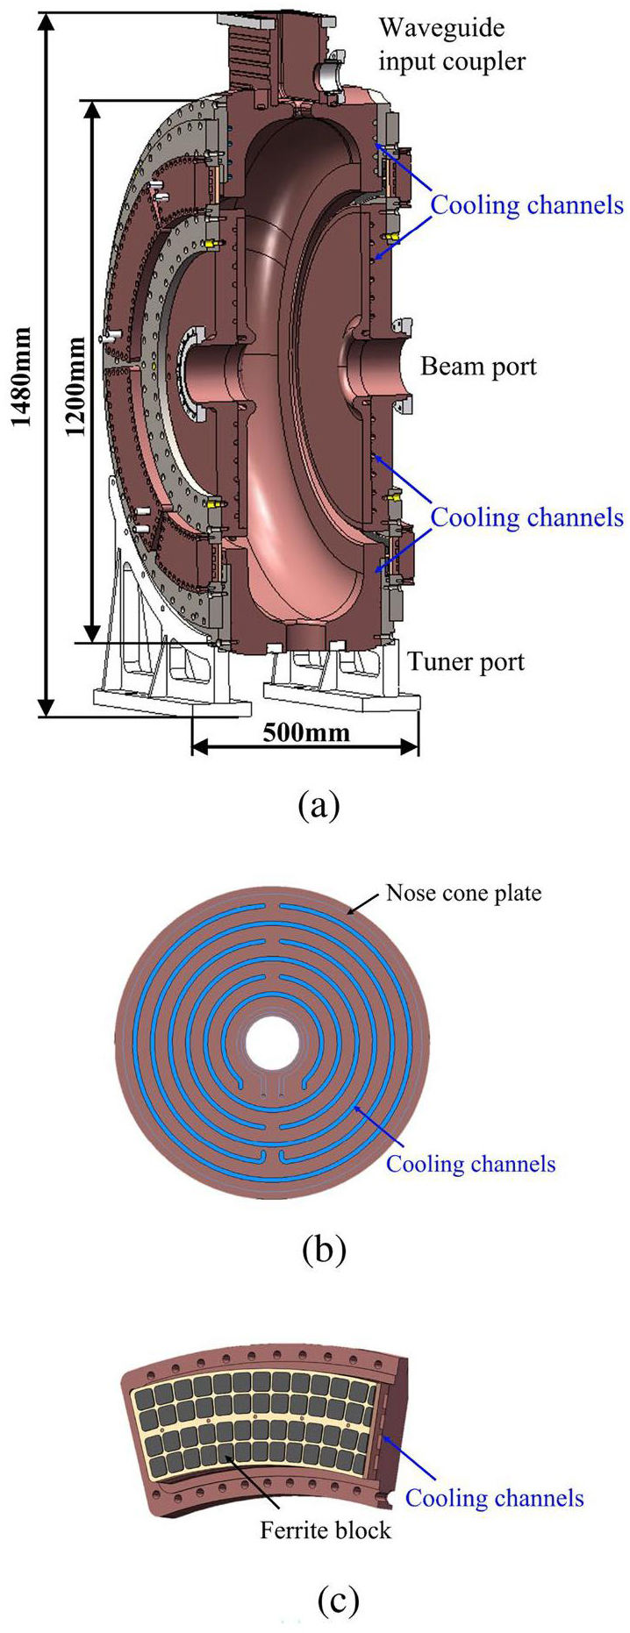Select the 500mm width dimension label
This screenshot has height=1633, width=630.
(x=306, y=732)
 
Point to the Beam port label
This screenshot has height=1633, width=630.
(x=478, y=366)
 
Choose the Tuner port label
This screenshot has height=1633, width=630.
(x=466, y=660)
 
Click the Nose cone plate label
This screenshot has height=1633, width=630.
(x=464, y=894)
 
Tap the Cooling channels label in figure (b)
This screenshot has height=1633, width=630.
(x=471, y=1164)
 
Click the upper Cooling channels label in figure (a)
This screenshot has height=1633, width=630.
(x=527, y=205)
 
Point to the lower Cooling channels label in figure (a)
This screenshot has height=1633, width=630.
(x=527, y=517)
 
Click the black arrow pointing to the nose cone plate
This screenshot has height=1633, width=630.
(x=364, y=902)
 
